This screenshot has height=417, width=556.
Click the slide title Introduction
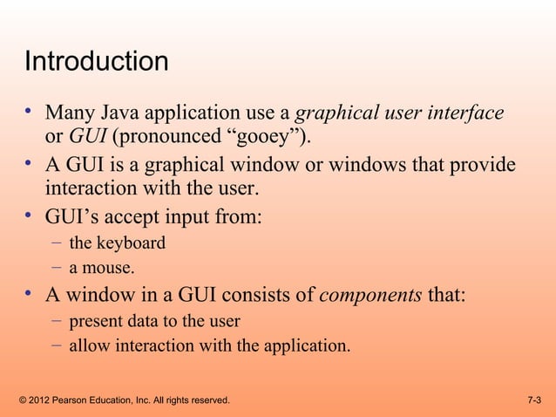96,63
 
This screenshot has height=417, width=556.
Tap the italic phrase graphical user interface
400,113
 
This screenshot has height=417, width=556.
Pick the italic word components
370,296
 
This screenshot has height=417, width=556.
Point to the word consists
259,296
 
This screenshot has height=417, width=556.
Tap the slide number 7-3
534,400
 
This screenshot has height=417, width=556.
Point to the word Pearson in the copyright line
78,400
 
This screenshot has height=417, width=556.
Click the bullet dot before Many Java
30,112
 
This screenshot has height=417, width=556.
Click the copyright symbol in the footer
22,400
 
